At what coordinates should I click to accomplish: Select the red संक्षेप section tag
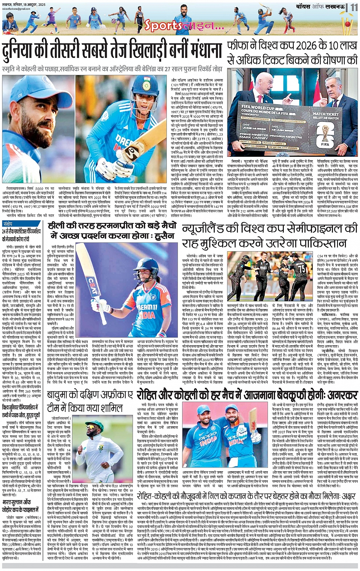[x=8, y=223]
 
